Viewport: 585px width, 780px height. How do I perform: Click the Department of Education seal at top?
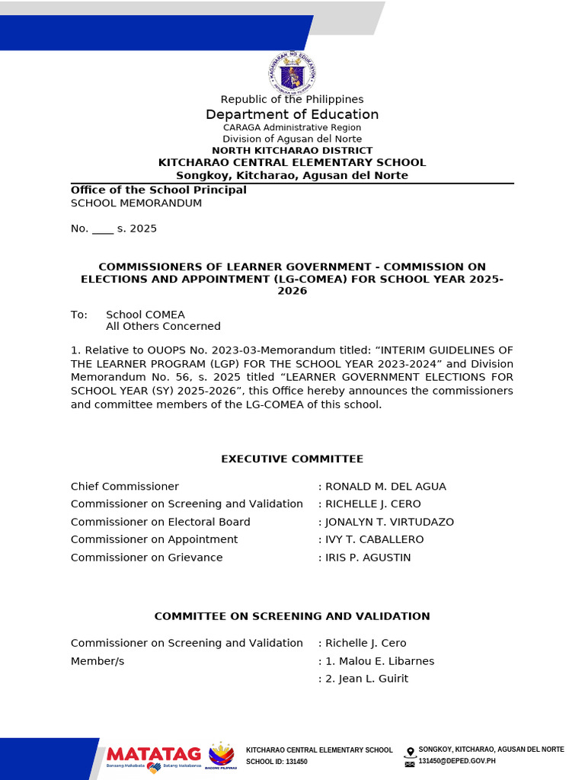(x=292, y=73)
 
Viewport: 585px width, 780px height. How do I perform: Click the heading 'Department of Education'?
(x=292, y=114)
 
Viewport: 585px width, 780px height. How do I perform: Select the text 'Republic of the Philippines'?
(x=292, y=99)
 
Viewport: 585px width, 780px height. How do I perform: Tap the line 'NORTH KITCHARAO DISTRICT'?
(x=292, y=151)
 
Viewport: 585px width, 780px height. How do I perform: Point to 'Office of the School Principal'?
(x=158, y=190)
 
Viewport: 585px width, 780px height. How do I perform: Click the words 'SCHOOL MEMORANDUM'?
(x=136, y=203)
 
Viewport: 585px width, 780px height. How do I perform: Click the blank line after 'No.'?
(x=102, y=229)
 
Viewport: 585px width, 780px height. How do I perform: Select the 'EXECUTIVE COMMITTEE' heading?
(x=292, y=459)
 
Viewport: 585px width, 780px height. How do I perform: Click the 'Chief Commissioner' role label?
(x=125, y=486)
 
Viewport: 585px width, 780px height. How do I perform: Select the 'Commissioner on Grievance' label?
(x=147, y=558)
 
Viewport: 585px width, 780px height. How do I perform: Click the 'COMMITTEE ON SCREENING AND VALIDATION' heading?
(x=292, y=616)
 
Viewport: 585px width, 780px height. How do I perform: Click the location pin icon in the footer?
(x=411, y=751)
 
